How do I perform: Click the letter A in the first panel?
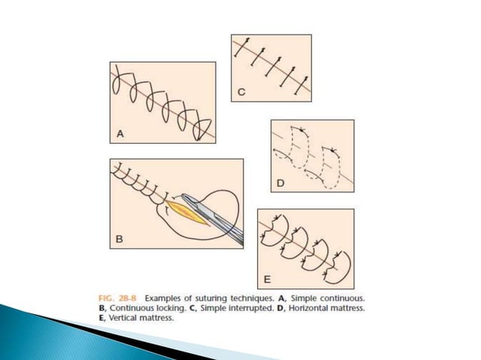[119, 136]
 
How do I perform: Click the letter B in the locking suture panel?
[119, 240]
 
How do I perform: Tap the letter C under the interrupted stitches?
[241, 93]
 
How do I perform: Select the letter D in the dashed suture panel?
[280, 184]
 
